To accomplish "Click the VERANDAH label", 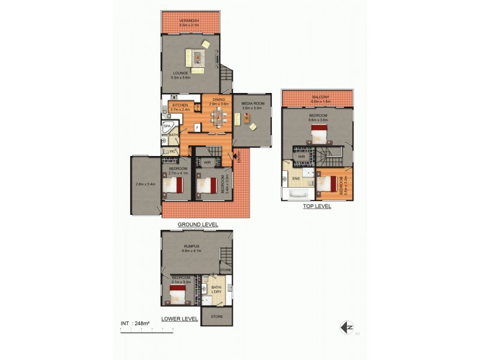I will click(189, 20).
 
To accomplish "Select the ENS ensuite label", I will click(296, 178).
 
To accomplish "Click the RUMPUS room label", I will click(192, 245).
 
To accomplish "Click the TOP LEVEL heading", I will click(317, 206).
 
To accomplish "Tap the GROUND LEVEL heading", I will click(197, 224).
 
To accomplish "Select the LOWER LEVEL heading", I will click(179, 319).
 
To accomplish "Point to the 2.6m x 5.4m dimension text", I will click(146, 184).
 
